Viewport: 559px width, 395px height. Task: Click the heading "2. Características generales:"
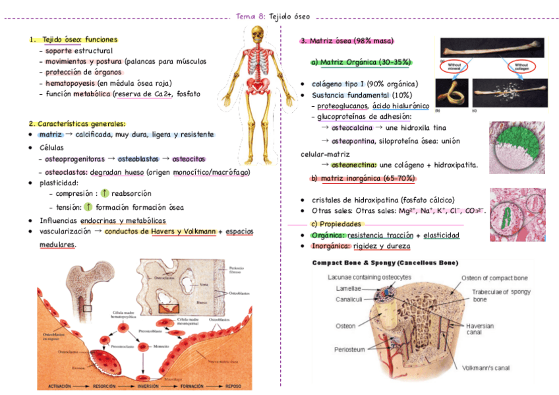(76, 123)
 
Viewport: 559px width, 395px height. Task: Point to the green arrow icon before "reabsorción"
(104, 194)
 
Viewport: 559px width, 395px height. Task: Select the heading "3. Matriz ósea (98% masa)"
(347, 40)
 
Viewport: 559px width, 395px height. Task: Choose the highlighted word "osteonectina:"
(354, 165)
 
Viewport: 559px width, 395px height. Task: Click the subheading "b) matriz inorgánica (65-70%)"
(362, 179)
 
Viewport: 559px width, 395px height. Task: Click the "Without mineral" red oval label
(455, 67)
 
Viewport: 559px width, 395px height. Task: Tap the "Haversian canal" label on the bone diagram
(479, 328)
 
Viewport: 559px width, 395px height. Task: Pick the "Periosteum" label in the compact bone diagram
(349, 349)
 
